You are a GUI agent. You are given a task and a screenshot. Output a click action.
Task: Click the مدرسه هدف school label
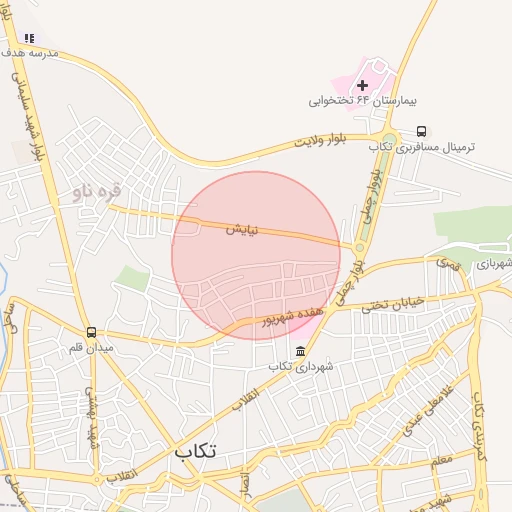(x=30, y=52)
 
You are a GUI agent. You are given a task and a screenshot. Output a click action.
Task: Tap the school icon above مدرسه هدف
(x=30, y=38)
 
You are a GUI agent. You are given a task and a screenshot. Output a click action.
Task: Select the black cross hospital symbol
(x=362, y=86)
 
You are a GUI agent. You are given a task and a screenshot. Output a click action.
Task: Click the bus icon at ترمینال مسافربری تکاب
(x=421, y=131)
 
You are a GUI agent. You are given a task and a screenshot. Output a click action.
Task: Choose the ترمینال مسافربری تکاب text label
(x=421, y=147)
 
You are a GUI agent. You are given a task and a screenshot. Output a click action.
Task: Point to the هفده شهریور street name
(x=293, y=315)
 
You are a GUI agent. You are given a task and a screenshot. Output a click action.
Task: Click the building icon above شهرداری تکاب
(x=301, y=351)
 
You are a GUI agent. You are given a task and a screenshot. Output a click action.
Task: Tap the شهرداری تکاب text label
(x=293, y=367)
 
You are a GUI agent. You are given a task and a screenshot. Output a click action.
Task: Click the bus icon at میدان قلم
(x=91, y=332)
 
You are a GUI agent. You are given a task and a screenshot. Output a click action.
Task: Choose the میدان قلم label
(x=91, y=348)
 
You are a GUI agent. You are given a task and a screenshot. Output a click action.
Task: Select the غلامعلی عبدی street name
(x=428, y=410)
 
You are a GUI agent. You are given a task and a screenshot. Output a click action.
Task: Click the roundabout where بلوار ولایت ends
(x=388, y=141)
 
